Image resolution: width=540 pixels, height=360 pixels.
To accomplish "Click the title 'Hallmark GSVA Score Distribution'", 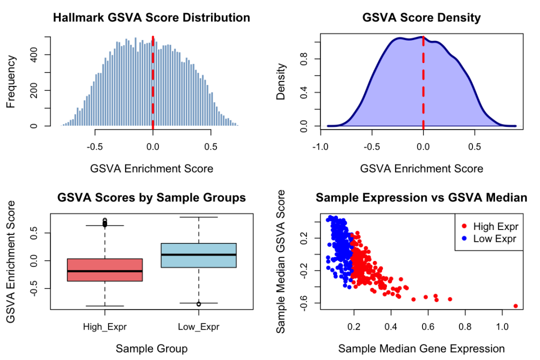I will point(151,18).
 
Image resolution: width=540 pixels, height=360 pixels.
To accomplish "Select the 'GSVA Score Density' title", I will point(421,18).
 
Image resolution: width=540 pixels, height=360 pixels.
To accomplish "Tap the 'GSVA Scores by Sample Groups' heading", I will point(151,198).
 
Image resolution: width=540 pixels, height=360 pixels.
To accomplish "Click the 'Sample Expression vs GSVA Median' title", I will point(421,198).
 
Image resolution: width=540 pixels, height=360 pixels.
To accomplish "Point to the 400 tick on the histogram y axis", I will point(33,54).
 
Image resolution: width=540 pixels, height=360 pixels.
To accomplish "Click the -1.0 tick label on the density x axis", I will point(320,147).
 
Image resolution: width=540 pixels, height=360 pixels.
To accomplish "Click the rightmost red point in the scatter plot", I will point(515,306).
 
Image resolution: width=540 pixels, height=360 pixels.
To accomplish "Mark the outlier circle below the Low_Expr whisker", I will point(199,304).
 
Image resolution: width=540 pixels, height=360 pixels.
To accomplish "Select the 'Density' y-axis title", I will point(281,81).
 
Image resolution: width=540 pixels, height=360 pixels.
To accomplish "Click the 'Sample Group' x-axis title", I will point(151,348).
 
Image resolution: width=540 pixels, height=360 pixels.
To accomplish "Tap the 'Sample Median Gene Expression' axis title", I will point(421,348).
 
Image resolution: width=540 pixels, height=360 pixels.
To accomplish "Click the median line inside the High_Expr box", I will point(104,271).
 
